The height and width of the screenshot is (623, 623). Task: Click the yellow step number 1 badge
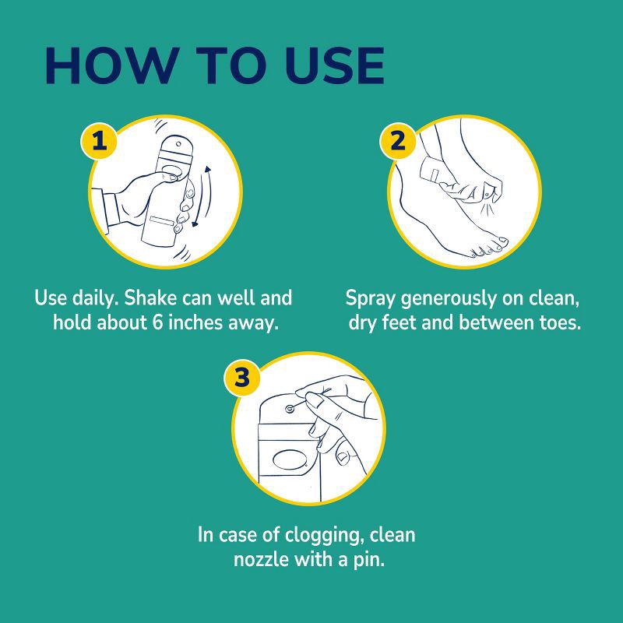[x=99, y=142]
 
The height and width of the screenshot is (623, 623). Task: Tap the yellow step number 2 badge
[x=397, y=142]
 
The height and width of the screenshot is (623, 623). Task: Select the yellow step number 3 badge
[x=241, y=378]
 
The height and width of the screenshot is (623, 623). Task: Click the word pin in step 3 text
[x=369, y=560]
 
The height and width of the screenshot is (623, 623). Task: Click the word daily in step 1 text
[x=92, y=297]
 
